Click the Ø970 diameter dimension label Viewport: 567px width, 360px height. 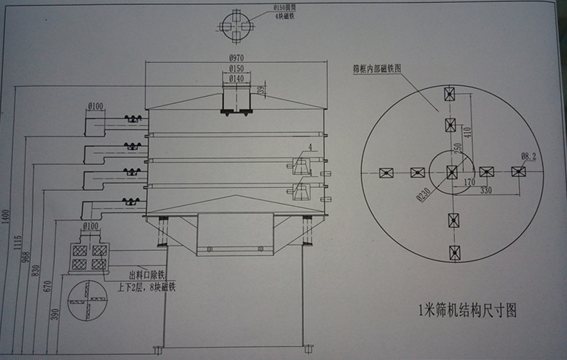(x=236, y=57)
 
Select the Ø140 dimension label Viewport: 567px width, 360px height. (x=236, y=77)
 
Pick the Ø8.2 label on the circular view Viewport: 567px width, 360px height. (x=528, y=155)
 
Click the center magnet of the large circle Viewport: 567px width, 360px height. (x=452, y=171)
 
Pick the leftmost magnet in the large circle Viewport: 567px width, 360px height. (x=385, y=173)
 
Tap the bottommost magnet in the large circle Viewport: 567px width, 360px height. (x=454, y=252)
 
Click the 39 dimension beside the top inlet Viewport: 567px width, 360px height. (x=261, y=90)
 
